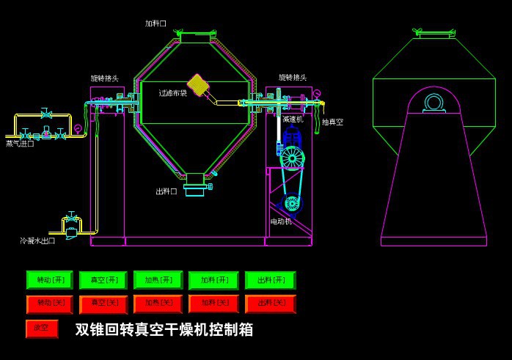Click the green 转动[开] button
[50, 280]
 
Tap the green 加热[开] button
[158, 280]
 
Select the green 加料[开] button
[213, 280]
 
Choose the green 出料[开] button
[270, 280]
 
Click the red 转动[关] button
[50, 303]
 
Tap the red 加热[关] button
[158, 303]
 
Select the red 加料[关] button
[213, 303]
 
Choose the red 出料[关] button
[270, 303]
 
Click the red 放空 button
[42, 328]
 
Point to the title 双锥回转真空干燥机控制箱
[164, 330]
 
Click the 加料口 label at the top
[156, 23]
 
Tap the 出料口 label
[167, 191]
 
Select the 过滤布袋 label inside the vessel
[173, 93]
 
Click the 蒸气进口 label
[20, 144]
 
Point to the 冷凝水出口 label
[37, 240]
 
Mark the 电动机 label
[281, 221]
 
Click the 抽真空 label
[332, 122]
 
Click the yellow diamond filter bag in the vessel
[198, 84]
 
